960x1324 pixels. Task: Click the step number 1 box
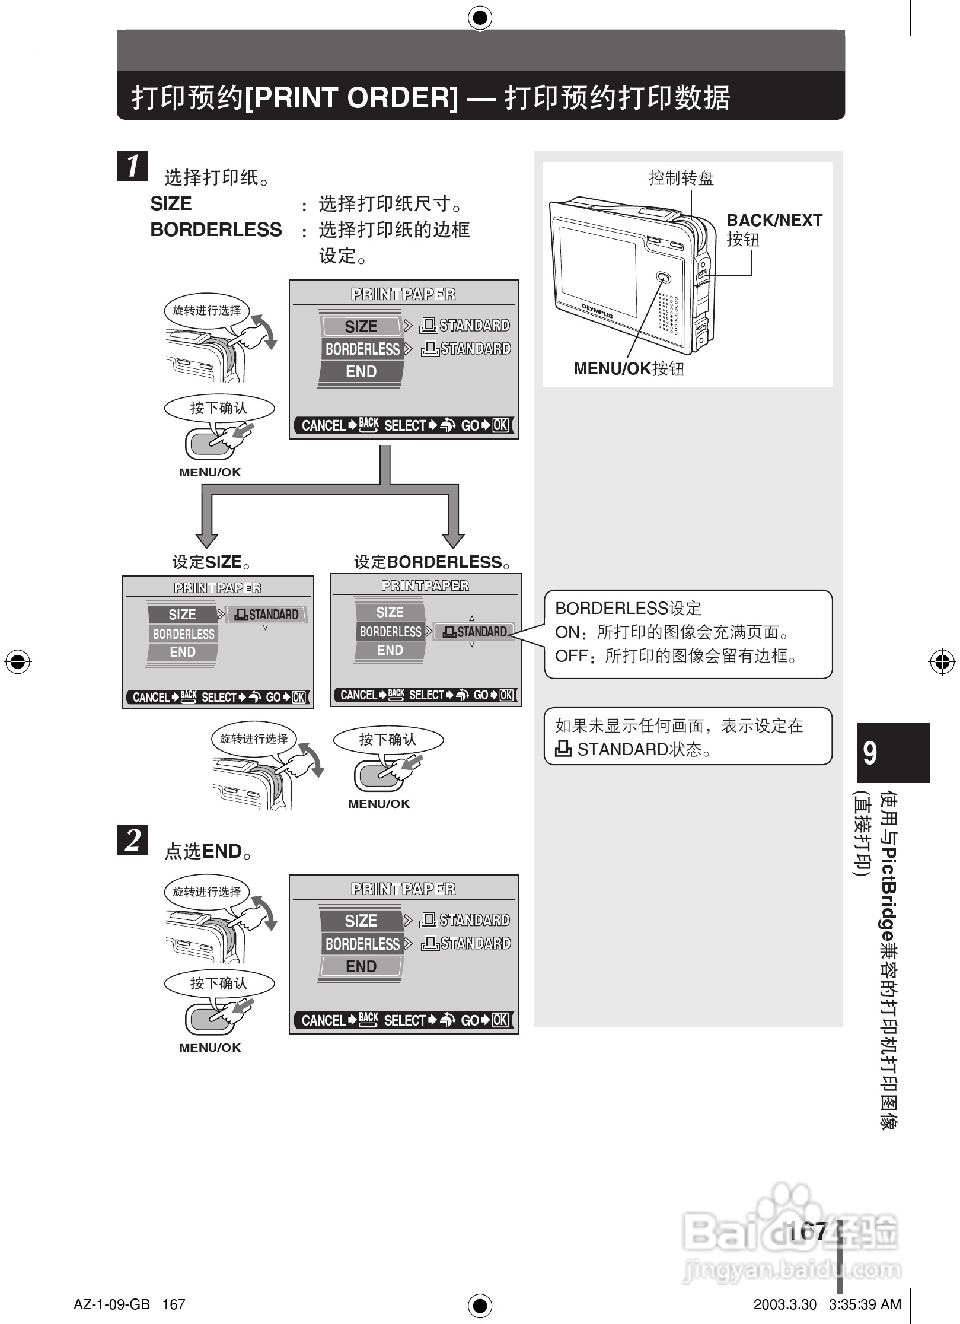132,165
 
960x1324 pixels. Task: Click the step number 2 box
132,840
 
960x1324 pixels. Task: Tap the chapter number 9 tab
892,752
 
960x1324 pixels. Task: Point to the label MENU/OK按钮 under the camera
629,369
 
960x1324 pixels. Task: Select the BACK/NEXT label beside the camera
774,221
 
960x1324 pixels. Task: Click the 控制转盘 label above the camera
681,178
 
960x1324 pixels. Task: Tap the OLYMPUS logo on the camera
597,311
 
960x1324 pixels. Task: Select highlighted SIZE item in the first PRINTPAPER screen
361,326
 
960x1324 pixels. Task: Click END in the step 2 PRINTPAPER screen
361,967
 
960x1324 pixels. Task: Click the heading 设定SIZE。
211,562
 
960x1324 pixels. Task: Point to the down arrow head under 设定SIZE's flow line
207,539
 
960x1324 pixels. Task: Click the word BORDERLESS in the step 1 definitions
216,230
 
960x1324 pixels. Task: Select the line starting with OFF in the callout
676,656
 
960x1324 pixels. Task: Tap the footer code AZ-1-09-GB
111,1304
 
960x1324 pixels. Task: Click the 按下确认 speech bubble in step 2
219,984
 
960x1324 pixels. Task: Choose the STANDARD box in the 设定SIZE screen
266,615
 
